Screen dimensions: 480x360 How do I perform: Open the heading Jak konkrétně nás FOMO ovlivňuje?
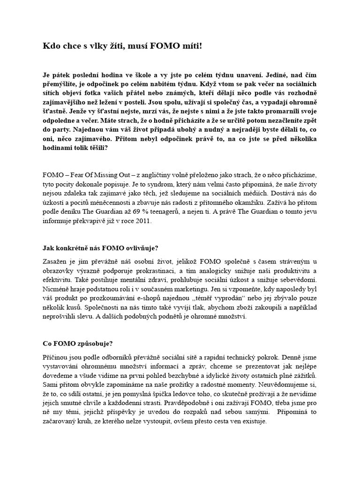coord(101,248)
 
